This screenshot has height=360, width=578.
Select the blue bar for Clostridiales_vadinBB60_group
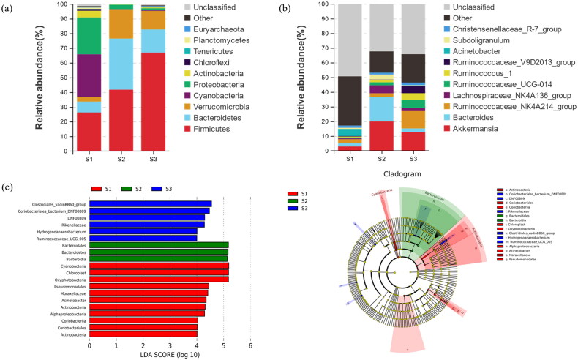(150, 204)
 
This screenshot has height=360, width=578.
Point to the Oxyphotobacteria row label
(64, 279)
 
